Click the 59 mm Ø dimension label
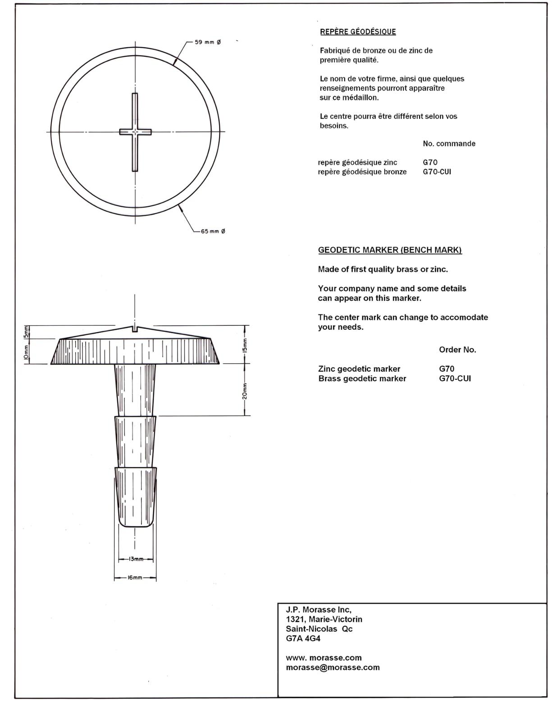coord(208,42)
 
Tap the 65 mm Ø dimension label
coord(213,231)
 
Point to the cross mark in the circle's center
coord(135,132)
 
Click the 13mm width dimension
coord(136,559)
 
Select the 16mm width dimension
coord(135,578)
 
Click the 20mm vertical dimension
coord(245,390)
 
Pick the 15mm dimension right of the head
coord(245,345)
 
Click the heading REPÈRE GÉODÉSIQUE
coord(358,32)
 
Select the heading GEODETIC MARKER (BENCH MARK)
coord(390,250)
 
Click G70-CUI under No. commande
coord(437,172)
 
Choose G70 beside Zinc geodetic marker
coord(447,369)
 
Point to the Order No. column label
coord(457,350)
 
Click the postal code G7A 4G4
coord(303,639)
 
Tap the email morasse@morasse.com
coord(333,667)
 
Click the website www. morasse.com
coord(324,658)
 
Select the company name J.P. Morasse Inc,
coord(318,610)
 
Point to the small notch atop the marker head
coord(135,329)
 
